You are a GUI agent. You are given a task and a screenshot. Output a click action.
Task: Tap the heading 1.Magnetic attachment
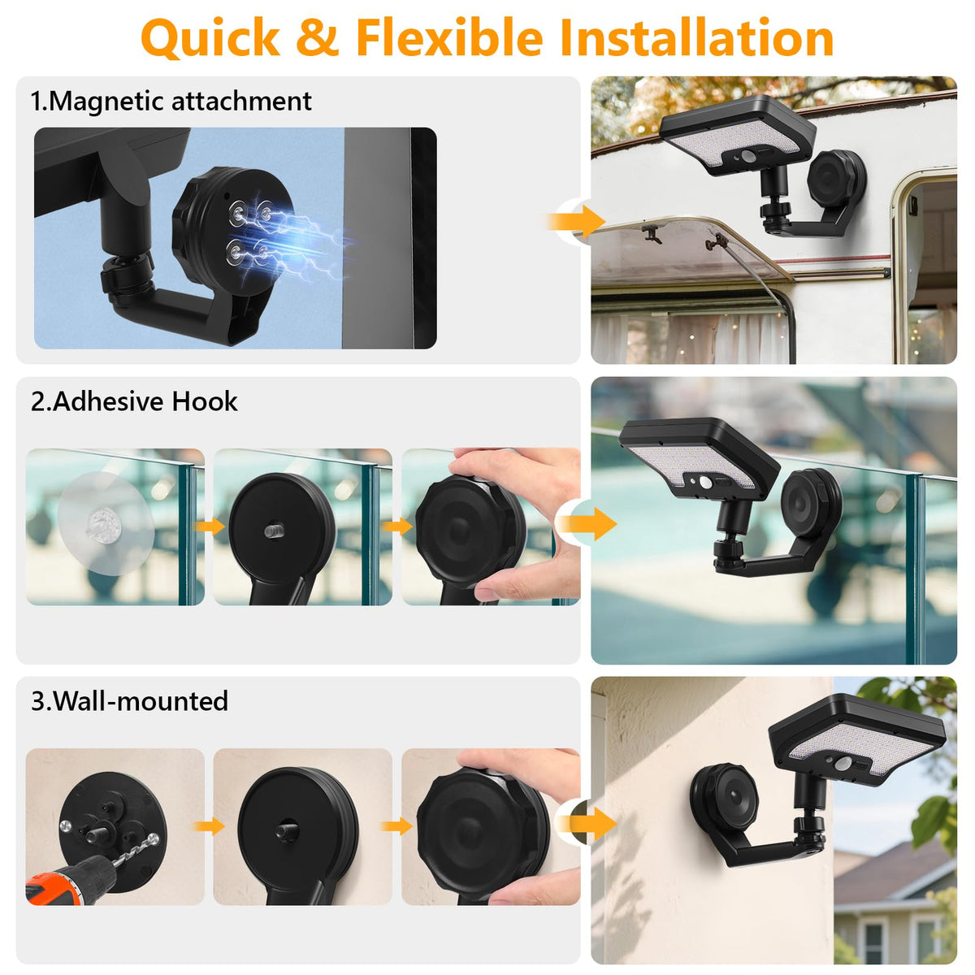coord(171,101)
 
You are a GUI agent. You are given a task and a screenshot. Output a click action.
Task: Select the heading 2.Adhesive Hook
coord(134,401)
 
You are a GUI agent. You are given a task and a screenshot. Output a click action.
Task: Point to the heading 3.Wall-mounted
coord(129,701)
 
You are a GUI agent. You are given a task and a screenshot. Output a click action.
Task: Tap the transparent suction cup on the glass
coord(106,523)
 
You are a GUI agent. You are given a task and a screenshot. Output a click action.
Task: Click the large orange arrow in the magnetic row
coord(577,222)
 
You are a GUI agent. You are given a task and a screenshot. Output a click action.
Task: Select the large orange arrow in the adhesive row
coord(586,523)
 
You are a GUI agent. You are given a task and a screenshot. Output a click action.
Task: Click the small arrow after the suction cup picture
coord(210,526)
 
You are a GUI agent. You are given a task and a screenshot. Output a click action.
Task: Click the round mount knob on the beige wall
coord(725,799)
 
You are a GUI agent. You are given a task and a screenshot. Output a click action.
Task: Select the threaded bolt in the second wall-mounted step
coord(286,831)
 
